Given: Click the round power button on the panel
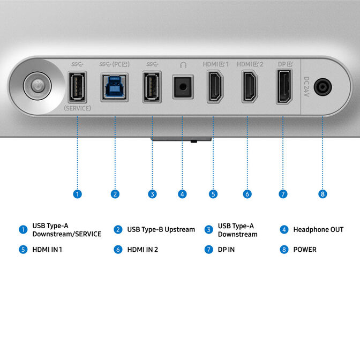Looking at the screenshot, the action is [x=37, y=86].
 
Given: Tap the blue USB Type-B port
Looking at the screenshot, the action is [x=115, y=87].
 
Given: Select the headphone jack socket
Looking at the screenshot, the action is [x=183, y=87].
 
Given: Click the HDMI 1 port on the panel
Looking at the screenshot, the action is [x=215, y=87].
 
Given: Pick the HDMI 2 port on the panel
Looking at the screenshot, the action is [x=250, y=87].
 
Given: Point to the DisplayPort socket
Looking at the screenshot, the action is [x=284, y=87].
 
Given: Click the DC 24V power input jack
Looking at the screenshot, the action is [x=322, y=87].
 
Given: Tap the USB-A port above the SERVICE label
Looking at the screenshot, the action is [x=77, y=87].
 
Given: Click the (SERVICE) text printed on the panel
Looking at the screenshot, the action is [x=77, y=108].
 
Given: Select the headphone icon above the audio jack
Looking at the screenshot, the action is [x=183, y=65].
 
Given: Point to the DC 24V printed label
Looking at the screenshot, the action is [x=306, y=87].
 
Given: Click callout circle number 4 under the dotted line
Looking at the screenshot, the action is [x=182, y=194].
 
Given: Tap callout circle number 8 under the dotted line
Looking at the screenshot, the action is [x=322, y=194].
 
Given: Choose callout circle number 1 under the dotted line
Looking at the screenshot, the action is [x=77, y=194].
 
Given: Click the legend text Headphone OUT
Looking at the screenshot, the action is [x=318, y=230].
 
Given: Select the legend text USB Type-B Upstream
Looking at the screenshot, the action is [x=161, y=230].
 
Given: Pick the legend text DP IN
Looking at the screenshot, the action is [x=226, y=250].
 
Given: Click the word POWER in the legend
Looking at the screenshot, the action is [x=305, y=250].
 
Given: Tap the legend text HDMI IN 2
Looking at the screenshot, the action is [x=142, y=250].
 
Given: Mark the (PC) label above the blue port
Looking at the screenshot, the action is [x=121, y=64].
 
